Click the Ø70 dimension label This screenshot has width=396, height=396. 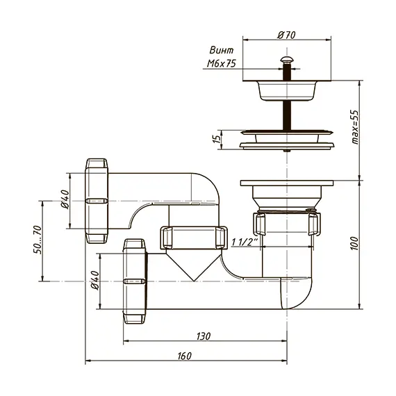pos(286,35)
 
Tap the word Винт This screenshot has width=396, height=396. pos(222,50)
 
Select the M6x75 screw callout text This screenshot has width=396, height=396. pos(221,63)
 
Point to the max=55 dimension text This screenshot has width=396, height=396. pos(355,127)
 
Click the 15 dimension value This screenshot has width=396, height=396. pos(217,139)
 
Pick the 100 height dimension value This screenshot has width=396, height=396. pos(354,243)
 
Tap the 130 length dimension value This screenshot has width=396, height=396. pos(204,336)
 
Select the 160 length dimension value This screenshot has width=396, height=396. pos(184,356)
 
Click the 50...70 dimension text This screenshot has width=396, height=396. pos(37,240)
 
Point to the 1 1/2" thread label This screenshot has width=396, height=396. pos(245,242)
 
